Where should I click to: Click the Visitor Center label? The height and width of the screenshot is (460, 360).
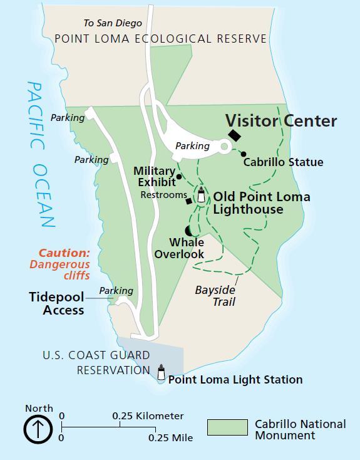click(280, 120)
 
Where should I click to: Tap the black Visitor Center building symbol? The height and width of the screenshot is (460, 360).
click(235, 135)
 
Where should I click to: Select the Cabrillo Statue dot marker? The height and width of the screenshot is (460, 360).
click(244, 154)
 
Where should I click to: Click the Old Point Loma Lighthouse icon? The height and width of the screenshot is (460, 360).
click(202, 195)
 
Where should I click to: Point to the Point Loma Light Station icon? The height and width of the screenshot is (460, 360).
click(161, 374)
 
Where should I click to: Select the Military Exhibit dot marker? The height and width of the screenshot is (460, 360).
click(179, 177)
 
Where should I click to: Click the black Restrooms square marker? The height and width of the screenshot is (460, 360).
click(188, 201)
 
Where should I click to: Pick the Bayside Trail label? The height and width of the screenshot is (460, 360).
click(215, 296)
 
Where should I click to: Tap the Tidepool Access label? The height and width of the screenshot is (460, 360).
click(56, 303)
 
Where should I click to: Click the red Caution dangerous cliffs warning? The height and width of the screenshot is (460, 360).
click(63, 264)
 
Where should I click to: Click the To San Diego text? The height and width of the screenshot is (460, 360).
click(113, 23)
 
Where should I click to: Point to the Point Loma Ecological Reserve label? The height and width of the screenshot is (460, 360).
click(160, 39)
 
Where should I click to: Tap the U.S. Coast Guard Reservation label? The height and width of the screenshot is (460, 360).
click(96, 362)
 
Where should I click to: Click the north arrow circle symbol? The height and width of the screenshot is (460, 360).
click(38, 430)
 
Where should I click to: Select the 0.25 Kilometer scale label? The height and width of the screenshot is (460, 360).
click(148, 416)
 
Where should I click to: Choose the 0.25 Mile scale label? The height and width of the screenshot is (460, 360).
click(170, 437)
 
